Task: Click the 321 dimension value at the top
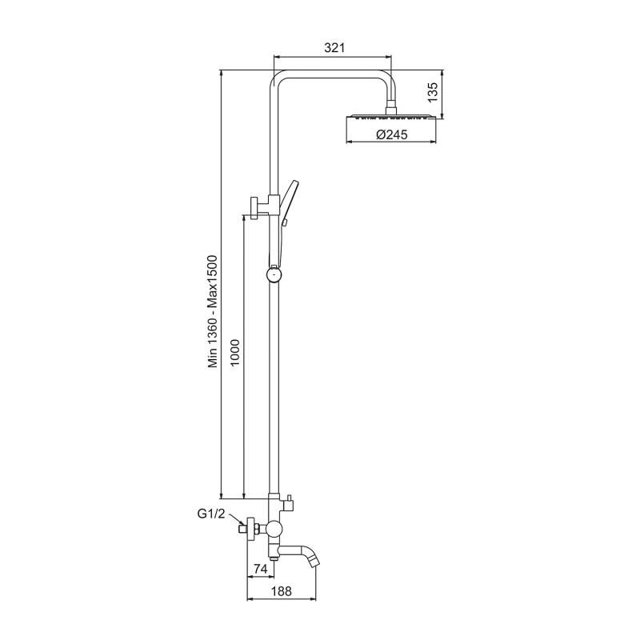(x=334, y=48)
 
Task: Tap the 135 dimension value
(x=432, y=93)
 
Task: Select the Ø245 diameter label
(x=391, y=135)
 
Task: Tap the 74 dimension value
(x=259, y=569)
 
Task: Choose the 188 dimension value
(x=279, y=592)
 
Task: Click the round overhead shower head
(x=392, y=118)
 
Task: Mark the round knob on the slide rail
(x=274, y=275)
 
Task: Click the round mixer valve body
(x=274, y=528)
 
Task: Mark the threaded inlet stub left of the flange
(x=242, y=529)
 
